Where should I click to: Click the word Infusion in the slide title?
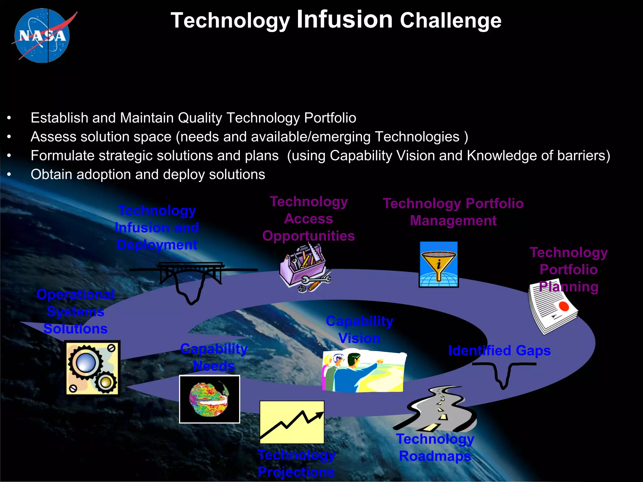click(x=344, y=19)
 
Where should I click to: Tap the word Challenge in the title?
click(x=451, y=21)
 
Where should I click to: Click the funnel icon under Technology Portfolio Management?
click(x=439, y=264)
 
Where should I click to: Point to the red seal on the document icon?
click(x=564, y=306)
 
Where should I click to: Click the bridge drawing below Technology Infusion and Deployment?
click(x=192, y=276)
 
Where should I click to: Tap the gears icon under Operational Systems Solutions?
click(x=92, y=368)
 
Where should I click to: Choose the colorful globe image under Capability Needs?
click(x=209, y=399)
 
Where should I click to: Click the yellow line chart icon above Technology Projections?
click(x=292, y=422)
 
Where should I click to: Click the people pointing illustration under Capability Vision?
click(x=364, y=372)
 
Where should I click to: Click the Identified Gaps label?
click(x=499, y=351)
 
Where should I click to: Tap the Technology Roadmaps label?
click(x=435, y=447)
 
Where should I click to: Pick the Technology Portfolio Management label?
click(x=453, y=212)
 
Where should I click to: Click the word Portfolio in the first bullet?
click(x=330, y=118)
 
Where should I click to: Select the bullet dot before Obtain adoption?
click(x=9, y=174)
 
